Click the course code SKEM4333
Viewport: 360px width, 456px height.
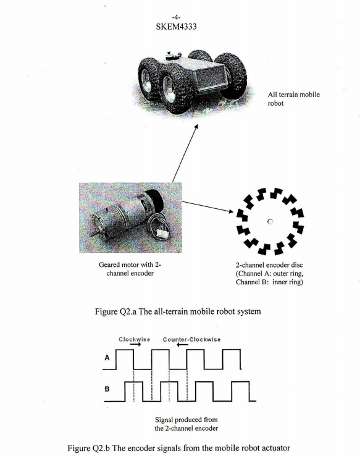(180, 28)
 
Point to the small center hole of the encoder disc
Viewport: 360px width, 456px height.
(270, 221)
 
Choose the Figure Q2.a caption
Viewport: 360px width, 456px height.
(179, 310)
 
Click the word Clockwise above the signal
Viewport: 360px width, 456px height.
(134, 339)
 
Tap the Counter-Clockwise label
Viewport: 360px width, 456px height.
(191, 339)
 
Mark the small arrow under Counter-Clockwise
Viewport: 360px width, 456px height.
(183, 346)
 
